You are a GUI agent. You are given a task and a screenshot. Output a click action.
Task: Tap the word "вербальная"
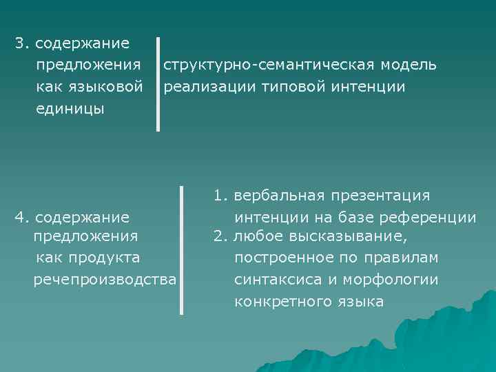tap(280, 196)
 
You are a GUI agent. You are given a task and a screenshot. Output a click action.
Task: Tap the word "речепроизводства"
tap(105, 279)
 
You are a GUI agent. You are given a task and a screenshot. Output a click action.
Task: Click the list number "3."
tap(23, 43)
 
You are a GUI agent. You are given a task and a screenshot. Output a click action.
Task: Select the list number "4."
tap(22, 218)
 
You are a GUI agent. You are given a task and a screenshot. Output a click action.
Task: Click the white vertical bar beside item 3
tap(158, 84)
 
